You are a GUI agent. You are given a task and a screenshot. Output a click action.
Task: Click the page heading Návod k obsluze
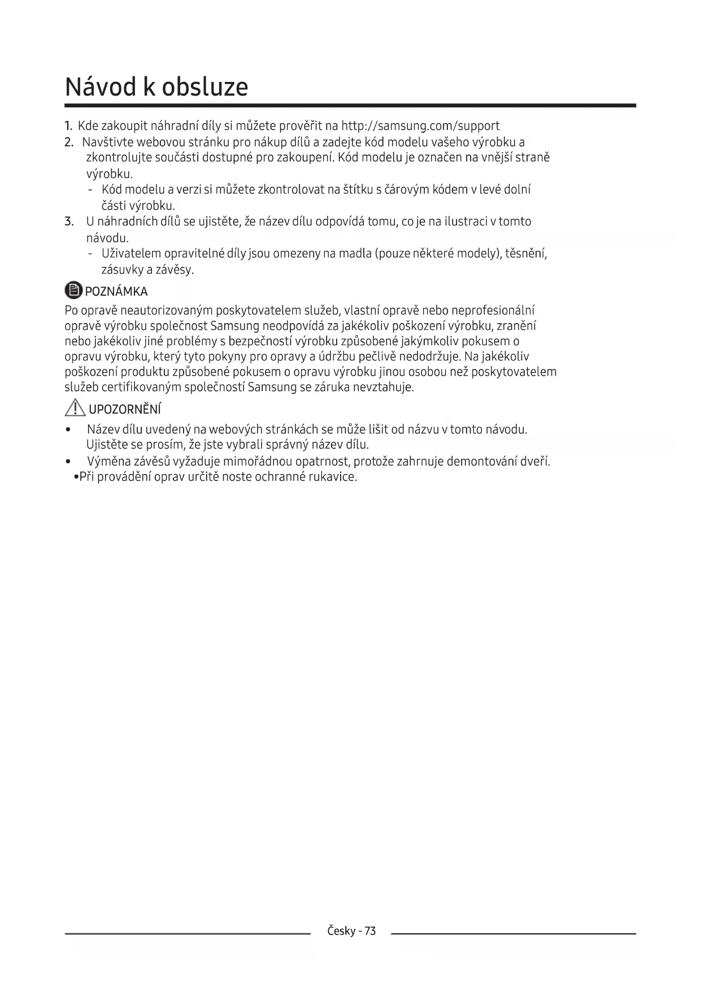tap(156, 87)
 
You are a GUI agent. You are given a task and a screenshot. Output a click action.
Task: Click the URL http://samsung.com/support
tap(420, 125)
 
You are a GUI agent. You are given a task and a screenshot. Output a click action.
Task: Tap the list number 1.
tap(68, 125)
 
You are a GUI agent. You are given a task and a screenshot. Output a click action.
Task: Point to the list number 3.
tap(68, 221)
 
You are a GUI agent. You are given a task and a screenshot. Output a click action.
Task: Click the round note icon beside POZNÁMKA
tap(73, 291)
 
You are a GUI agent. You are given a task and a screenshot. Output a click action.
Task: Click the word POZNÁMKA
tap(116, 292)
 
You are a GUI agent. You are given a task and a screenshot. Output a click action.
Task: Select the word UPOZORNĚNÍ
tap(125, 409)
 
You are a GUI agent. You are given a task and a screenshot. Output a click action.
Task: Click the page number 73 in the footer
tap(370, 931)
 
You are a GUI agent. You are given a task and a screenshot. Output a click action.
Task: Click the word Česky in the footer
tap(341, 931)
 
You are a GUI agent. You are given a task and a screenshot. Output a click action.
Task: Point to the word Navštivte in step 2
tap(107, 142)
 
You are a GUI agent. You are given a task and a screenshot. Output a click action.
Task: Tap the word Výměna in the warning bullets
tap(106, 461)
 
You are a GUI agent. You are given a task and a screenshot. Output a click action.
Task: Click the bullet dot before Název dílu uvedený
tap(68, 430)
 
